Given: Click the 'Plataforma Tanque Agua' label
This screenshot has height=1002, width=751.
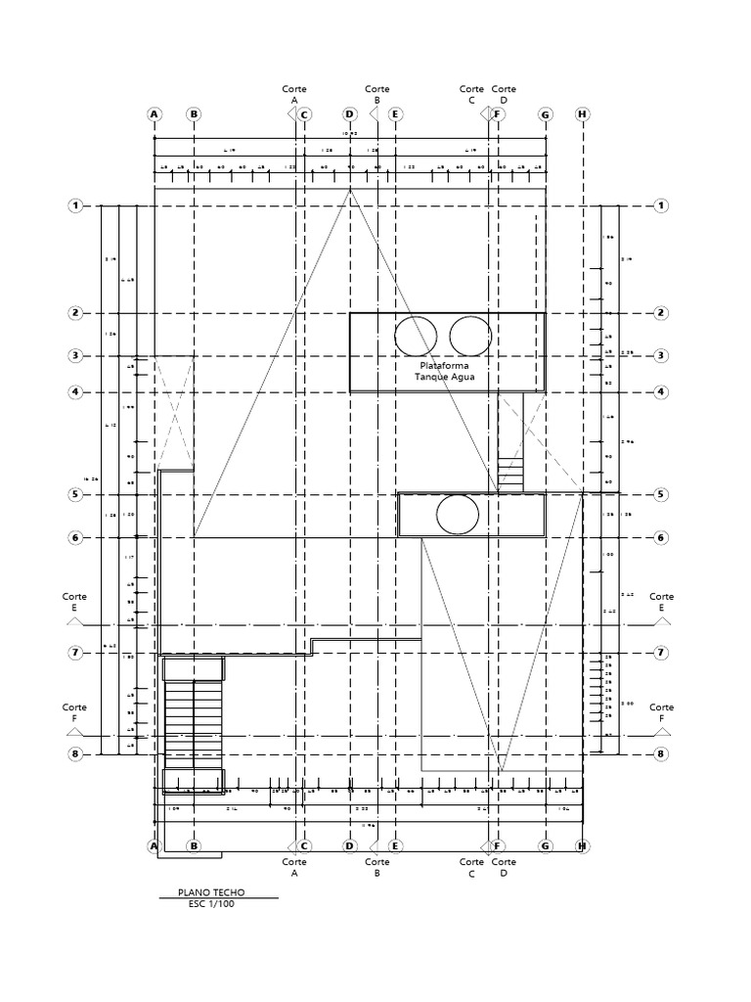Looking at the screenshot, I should tap(442, 371).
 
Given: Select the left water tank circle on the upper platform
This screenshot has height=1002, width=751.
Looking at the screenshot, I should tap(415, 336).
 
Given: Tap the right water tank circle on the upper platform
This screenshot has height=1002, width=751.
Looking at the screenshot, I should tap(469, 336).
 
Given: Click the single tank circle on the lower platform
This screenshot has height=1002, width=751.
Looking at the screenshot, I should tap(458, 515).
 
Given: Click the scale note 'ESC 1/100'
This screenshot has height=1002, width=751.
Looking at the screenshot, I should tap(211, 904).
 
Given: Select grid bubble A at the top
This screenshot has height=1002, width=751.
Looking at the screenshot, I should tap(154, 114).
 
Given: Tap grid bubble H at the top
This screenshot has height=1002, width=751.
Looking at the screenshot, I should tap(583, 114).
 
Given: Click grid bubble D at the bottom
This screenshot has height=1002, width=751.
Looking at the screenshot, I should tap(349, 845).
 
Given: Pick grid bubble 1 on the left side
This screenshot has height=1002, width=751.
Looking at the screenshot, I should tap(74, 205).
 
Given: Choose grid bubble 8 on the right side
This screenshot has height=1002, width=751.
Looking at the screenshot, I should tap(661, 754).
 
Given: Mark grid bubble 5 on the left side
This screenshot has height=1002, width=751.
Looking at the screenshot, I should tap(74, 495).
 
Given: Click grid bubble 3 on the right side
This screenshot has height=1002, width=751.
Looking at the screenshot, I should tap(661, 355).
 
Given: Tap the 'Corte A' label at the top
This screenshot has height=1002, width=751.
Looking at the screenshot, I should tap(294, 94).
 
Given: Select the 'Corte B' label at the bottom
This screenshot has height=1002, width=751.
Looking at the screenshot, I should tap(376, 868).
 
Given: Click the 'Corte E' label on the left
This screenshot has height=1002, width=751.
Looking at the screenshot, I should tap(74, 602).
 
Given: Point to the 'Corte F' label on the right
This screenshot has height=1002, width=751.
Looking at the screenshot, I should tap(662, 712).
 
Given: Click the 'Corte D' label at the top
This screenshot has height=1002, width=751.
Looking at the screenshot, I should tap(504, 94).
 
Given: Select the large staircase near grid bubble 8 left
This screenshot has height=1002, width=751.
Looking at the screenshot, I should tap(194, 724).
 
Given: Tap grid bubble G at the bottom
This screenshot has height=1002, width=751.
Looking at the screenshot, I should tap(546, 845).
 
